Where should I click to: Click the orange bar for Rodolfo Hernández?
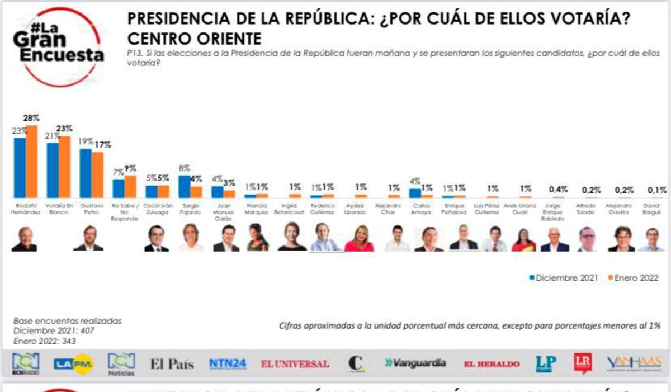31,161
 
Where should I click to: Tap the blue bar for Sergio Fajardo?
184,186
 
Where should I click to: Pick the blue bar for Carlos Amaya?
415,193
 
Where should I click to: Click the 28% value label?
31,119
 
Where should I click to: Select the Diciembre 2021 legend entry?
563,278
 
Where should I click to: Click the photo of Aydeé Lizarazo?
359,238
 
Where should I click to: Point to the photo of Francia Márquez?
258,238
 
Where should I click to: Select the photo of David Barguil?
651,239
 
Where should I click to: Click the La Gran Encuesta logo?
58,47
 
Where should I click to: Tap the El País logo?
172,364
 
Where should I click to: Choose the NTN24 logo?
228,363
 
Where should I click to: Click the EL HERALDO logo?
492,364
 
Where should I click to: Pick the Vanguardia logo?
415,363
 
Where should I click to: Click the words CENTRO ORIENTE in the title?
194,39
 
